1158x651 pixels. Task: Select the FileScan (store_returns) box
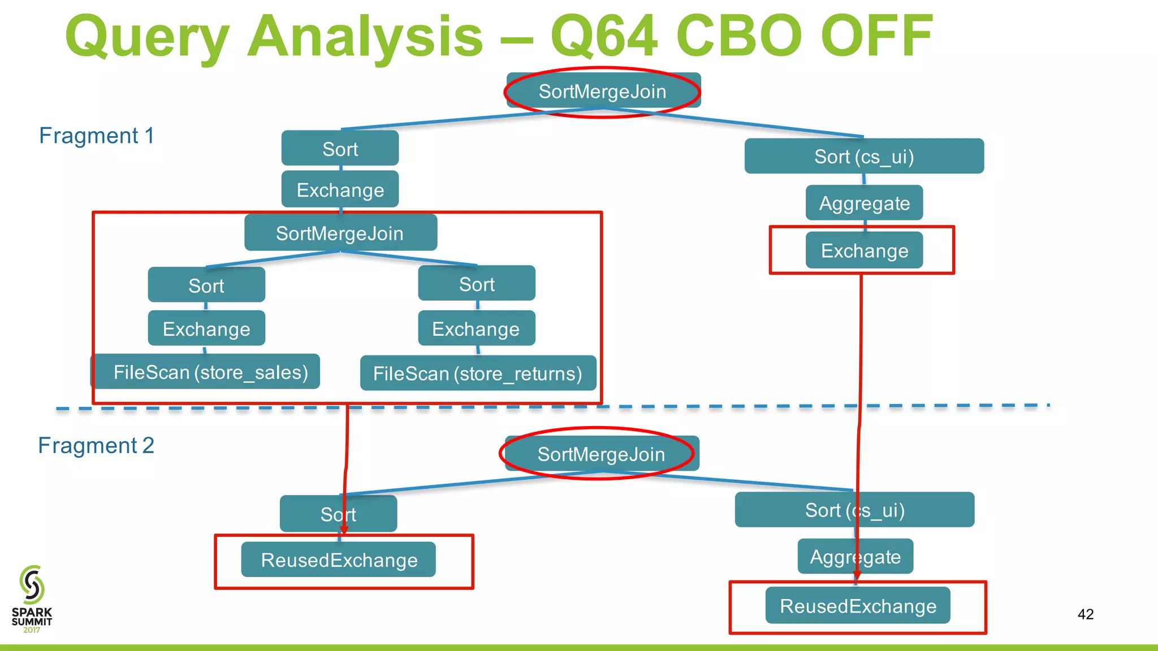coord(478,373)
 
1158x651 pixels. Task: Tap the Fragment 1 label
coord(96,136)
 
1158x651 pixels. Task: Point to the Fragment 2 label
coord(96,445)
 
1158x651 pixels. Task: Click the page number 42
coord(1086,614)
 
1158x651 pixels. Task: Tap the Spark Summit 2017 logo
coord(32,599)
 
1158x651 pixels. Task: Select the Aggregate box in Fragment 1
coord(864,203)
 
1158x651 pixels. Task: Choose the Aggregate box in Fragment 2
coord(855,557)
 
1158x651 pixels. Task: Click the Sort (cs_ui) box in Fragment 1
coord(864,156)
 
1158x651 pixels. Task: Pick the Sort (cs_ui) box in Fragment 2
coord(854,510)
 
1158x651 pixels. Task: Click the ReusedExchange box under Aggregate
coord(858,606)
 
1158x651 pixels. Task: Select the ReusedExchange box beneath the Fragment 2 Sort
coord(339,559)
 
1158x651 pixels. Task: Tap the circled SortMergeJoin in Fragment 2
coord(601,454)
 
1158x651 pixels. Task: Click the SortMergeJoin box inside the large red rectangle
coord(340,233)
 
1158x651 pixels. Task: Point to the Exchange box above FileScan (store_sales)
coord(206,328)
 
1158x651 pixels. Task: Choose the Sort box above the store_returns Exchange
coord(477,284)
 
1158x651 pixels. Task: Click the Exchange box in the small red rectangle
coord(864,250)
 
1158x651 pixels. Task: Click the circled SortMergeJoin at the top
coord(603,91)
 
